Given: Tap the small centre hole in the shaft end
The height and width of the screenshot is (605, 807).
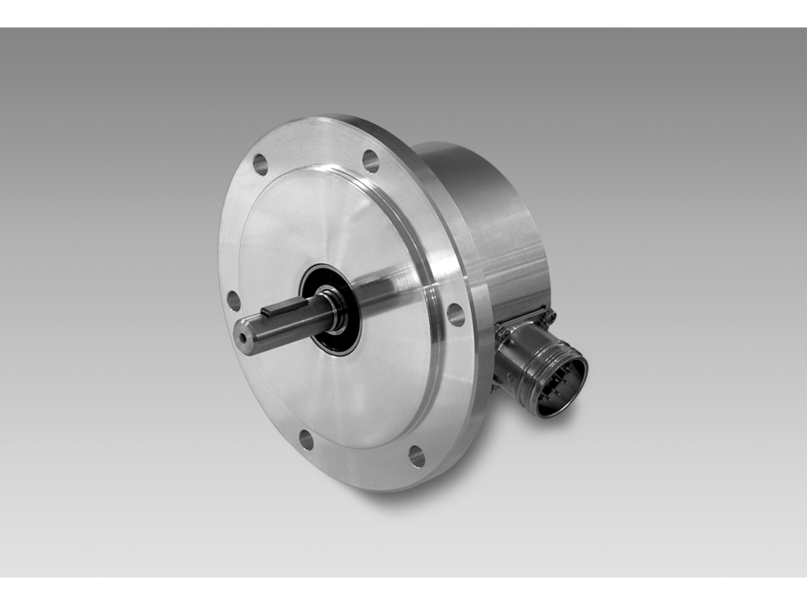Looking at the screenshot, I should [x=243, y=338].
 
